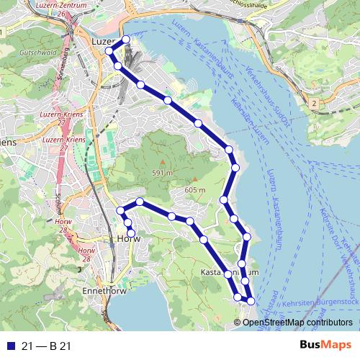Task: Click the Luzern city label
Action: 104,42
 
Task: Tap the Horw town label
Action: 127,239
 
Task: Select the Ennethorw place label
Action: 106,291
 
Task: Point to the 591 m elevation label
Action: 162,173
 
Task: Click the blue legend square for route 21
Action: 9,346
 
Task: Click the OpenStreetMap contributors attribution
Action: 297,322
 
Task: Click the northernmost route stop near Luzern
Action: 126,40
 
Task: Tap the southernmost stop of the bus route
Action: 251,300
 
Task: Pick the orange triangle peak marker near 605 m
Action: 194,179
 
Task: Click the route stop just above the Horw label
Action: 130,230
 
